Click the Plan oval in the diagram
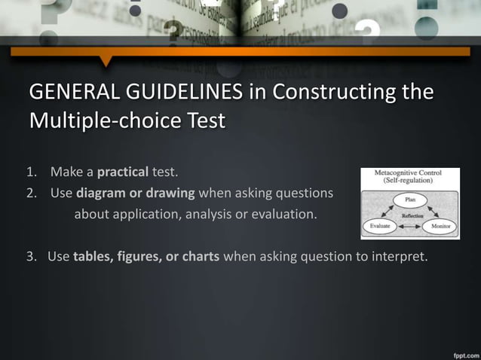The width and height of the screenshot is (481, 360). [x=410, y=200]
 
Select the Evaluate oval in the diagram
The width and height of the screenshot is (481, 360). [x=379, y=225]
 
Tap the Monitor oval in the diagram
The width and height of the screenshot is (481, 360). [x=440, y=225]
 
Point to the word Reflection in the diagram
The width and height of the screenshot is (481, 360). [x=410, y=215]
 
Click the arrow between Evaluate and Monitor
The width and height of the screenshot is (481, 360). [x=409, y=226]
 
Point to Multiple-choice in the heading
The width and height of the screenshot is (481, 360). [x=106, y=120]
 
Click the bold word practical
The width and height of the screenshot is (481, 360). [x=122, y=172]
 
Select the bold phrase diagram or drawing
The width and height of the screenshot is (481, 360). [x=136, y=194]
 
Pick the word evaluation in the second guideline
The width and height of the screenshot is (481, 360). [x=285, y=215]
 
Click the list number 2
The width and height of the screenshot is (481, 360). [x=31, y=194]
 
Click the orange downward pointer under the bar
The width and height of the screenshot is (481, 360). [x=106, y=60]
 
